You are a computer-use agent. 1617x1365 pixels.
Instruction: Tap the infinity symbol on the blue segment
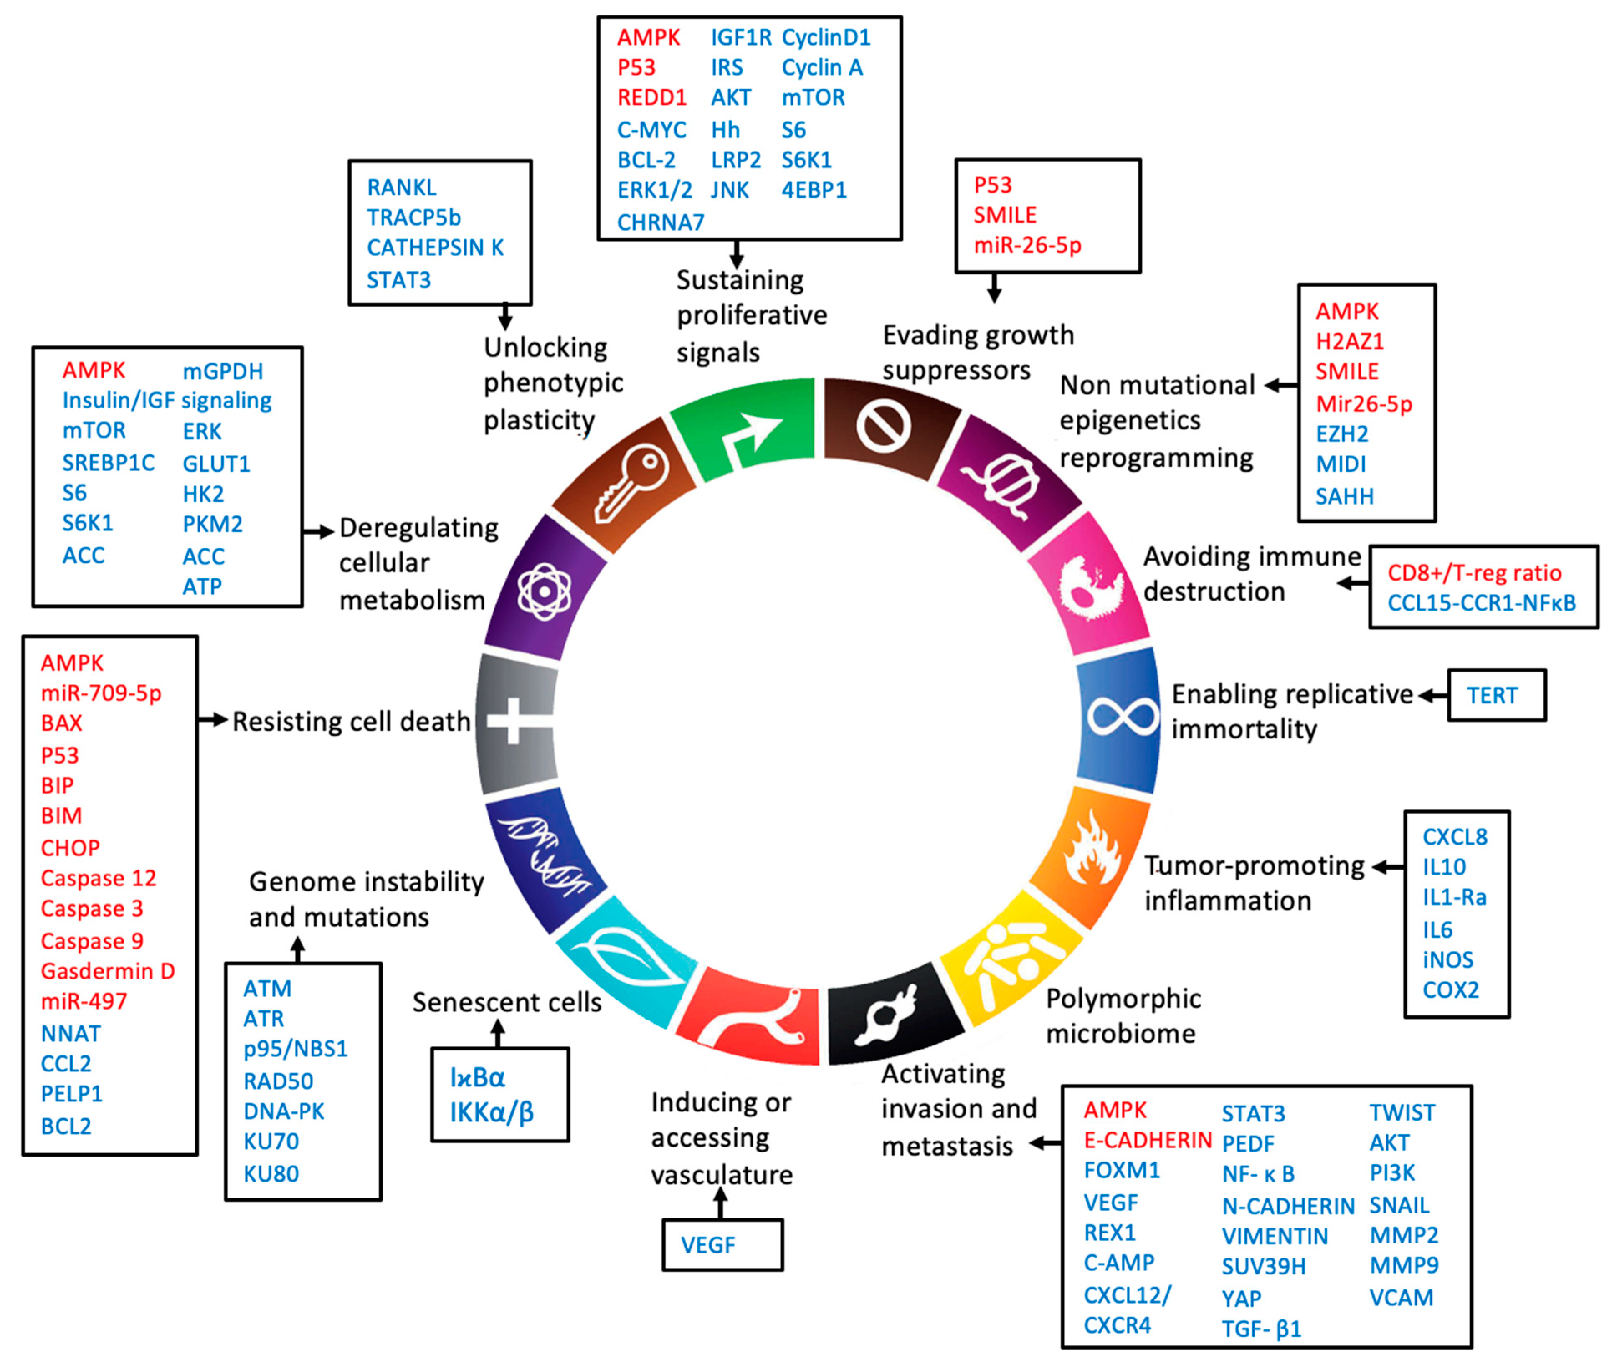click(1122, 716)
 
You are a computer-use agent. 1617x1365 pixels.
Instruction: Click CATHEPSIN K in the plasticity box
click(435, 248)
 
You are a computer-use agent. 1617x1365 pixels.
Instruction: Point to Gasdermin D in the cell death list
click(108, 971)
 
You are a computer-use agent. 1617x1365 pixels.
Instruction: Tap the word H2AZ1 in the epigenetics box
click(1349, 341)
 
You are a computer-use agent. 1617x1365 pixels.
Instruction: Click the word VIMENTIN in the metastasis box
click(1274, 1236)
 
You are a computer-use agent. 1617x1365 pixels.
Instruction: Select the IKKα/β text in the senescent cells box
click(491, 1113)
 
